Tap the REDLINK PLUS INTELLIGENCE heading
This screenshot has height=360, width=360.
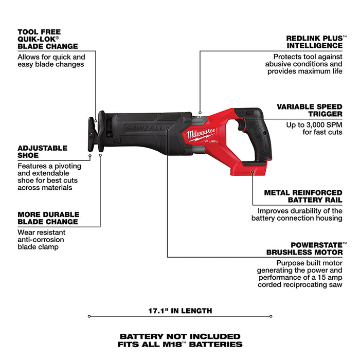click(x=314, y=42)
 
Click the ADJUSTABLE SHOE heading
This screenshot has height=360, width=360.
click(x=43, y=152)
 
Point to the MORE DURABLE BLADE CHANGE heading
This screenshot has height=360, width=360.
click(x=48, y=218)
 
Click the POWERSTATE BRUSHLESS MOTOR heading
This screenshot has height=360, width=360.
click(x=304, y=248)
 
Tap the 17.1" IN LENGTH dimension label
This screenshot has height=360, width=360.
click(x=179, y=311)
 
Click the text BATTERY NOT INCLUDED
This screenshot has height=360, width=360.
click(x=179, y=336)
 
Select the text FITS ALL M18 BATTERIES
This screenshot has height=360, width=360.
click(x=179, y=344)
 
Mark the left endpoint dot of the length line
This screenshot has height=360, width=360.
click(x=89, y=316)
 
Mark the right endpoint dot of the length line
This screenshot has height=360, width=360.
click(x=271, y=316)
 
